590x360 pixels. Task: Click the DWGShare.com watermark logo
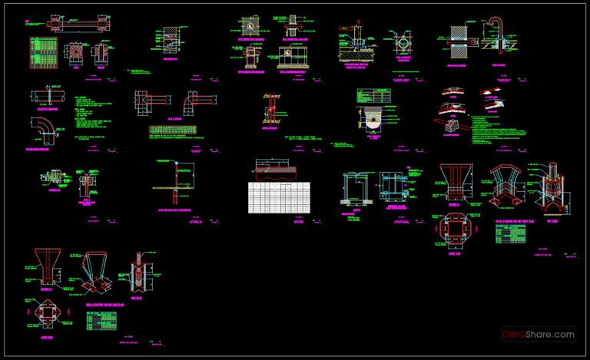tap(539, 335)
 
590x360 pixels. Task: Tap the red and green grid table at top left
tap(43, 54)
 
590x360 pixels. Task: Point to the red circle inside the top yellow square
tap(250, 26)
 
